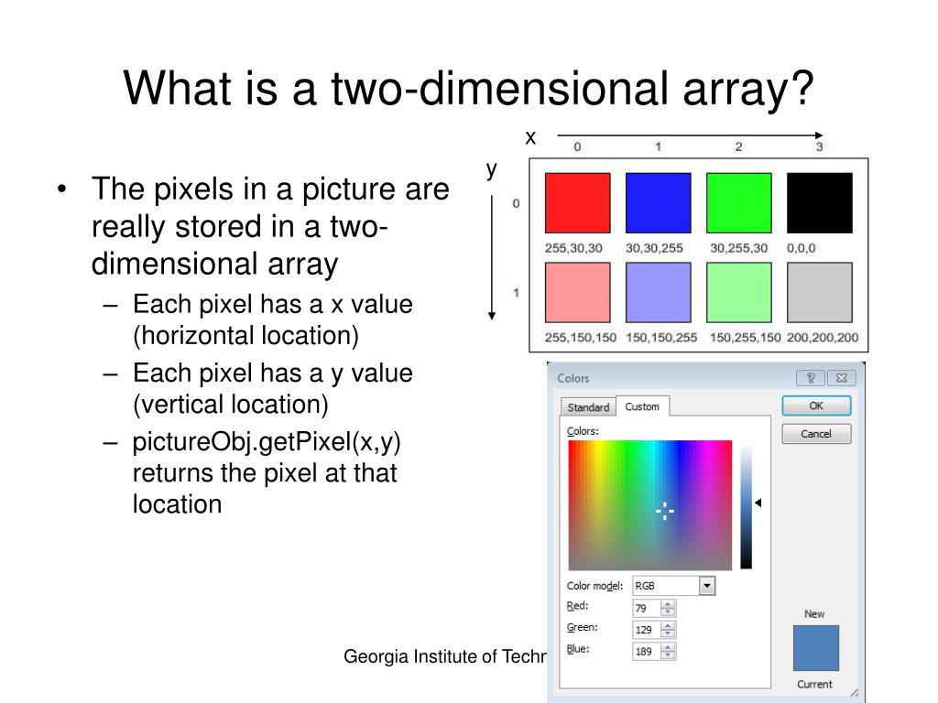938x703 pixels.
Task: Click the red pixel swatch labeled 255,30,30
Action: tap(577, 202)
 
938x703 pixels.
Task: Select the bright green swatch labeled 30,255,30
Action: tap(738, 202)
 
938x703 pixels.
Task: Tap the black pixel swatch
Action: tap(819, 202)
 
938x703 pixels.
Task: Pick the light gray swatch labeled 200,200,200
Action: tap(819, 292)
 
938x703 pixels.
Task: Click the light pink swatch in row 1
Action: tap(577, 292)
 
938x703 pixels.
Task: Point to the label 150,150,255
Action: tap(661, 338)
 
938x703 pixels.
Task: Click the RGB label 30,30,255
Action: tap(656, 247)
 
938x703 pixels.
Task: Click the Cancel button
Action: tap(815, 434)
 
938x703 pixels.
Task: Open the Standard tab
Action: tap(588, 407)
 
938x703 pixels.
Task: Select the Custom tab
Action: tap(642, 406)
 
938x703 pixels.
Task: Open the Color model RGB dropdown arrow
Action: tap(706, 586)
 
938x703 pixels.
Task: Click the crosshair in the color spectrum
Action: tap(665, 513)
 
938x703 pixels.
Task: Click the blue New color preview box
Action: tap(815, 648)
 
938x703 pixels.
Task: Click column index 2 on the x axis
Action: tap(738, 146)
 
